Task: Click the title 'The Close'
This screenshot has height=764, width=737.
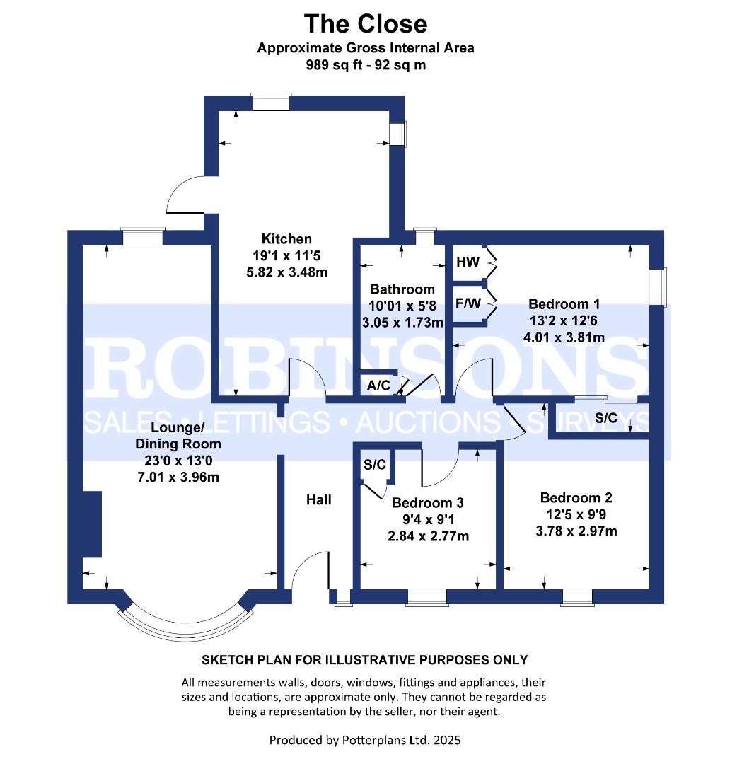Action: coord(366,23)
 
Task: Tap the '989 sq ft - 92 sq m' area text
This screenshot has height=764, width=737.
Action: coord(366,65)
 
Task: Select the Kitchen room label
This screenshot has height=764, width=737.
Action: coord(286,239)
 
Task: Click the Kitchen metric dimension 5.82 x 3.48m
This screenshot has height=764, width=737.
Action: coord(287,272)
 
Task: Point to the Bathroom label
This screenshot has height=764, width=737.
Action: coord(402,289)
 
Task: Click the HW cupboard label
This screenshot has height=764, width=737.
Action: coord(468,262)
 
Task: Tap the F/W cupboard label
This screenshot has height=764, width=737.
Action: coord(468,303)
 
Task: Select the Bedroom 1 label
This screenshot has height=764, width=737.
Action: coord(564,304)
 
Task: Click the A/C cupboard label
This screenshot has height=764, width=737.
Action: coord(378,386)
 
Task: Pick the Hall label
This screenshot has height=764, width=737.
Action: coord(319,499)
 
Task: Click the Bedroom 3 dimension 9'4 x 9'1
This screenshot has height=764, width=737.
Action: coord(428,519)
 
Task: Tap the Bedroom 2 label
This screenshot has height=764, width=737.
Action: coord(576,497)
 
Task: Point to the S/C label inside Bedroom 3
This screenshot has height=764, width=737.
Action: coord(375,464)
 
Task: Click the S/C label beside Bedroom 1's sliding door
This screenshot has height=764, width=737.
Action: coord(606,417)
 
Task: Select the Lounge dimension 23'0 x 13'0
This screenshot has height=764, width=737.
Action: coord(178,460)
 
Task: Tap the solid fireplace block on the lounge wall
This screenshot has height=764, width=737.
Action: coord(92,524)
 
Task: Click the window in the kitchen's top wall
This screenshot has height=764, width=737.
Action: coord(272,102)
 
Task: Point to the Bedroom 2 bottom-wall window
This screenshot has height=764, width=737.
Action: coord(576,597)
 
